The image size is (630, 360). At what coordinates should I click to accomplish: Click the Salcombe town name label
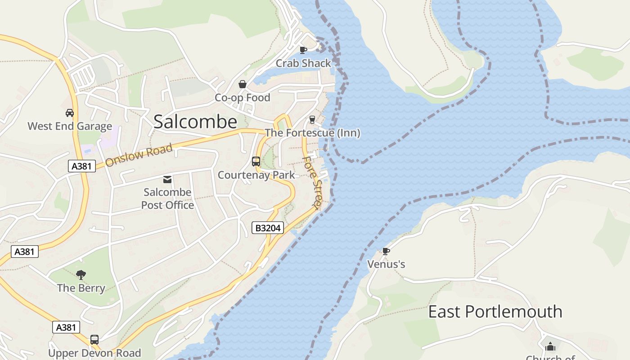pos(195,122)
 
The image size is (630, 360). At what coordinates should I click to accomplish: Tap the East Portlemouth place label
pos(495,311)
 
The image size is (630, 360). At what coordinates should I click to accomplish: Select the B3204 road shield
pos(268,228)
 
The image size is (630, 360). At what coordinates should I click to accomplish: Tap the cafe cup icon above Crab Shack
pos(303,50)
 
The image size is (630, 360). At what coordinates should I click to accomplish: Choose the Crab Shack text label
pos(303,63)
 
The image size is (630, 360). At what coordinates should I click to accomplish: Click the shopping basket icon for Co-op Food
pos(242,84)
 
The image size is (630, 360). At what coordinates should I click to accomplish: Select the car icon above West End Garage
pos(69,112)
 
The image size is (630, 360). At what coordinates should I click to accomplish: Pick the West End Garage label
pos(70,126)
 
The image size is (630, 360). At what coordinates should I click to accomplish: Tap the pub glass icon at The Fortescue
pos(312,120)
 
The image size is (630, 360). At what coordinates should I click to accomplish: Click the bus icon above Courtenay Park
pos(256,162)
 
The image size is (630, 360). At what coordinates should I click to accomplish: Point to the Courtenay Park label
pos(256,175)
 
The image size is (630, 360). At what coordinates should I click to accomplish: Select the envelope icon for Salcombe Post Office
pos(167,180)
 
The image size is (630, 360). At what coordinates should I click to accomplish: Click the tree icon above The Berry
pos(81,274)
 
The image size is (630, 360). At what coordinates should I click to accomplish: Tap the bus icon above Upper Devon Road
pos(94,340)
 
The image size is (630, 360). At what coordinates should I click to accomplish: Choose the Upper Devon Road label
pos(94,353)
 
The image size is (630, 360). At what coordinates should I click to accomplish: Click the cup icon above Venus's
pos(386,251)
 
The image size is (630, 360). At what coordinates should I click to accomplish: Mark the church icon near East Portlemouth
pos(550,346)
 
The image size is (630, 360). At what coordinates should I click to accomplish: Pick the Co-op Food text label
pos(242,98)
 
